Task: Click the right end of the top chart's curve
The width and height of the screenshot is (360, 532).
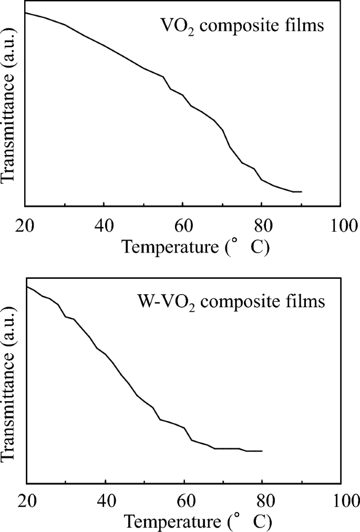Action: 302,192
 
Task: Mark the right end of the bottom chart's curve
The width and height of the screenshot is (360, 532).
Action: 262,451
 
